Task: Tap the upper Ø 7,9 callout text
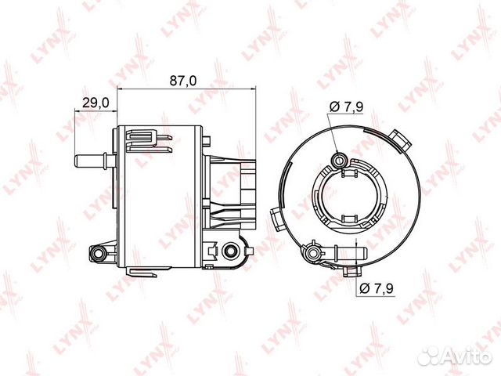348,107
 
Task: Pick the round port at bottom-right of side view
230,251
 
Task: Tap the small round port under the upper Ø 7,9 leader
339,161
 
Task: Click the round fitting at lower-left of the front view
313,251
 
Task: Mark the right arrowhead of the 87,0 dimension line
252,91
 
